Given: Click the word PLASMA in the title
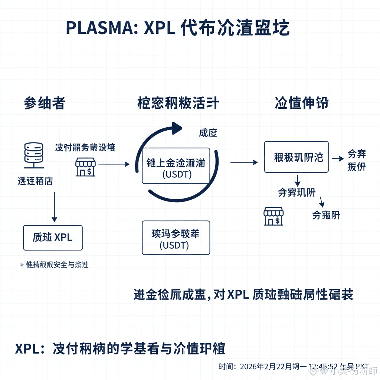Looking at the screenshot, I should click(x=98, y=28).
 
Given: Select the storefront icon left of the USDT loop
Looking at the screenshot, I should click(x=86, y=167).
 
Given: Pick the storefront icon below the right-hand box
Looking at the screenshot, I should click(x=273, y=216).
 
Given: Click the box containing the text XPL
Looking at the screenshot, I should click(x=53, y=237).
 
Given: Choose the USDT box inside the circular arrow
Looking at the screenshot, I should click(x=176, y=166).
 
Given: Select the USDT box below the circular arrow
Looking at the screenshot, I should click(x=176, y=237).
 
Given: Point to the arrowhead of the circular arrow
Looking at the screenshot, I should click(x=177, y=128).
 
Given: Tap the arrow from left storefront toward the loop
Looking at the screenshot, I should click(x=114, y=164).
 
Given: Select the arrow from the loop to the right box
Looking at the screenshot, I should click(x=244, y=162).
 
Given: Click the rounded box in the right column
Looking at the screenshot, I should click(x=296, y=157).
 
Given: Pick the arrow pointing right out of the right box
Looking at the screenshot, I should click(x=338, y=158).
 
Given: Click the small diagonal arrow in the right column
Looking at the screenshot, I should click(x=321, y=202).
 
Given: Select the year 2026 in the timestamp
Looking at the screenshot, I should click(x=249, y=367).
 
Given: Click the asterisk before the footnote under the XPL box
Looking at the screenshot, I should click(x=21, y=265).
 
